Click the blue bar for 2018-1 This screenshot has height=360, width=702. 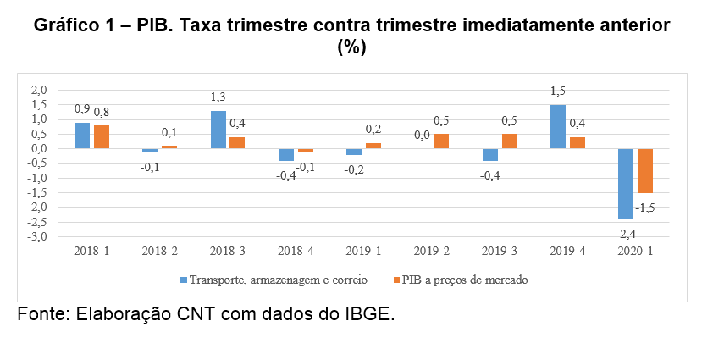pos(82,136)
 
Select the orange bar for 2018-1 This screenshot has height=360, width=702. pos(102,137)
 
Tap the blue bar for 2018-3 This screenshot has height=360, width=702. pos(218,130)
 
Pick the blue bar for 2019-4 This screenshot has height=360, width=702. pos(557,127)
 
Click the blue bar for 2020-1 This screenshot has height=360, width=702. pos(626,184)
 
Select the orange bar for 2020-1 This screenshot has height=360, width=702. pos(644,170)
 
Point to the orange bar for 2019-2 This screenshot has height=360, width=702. pos(440,141)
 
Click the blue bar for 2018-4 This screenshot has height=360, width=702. pos(286,154)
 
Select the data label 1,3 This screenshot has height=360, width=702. pos(218,97)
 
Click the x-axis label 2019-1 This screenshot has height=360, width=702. pos(363,252)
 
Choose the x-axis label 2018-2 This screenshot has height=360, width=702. pos(159,252)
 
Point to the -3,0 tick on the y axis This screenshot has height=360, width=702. pos(38,237)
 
